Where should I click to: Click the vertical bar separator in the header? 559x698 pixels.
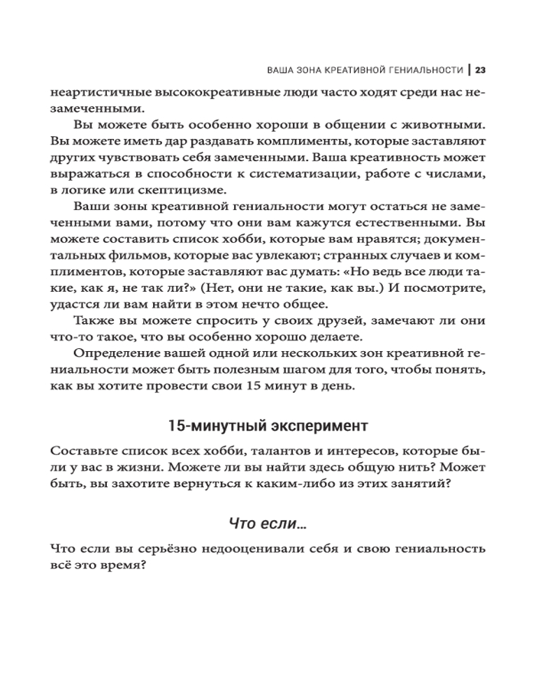[470, 70]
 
